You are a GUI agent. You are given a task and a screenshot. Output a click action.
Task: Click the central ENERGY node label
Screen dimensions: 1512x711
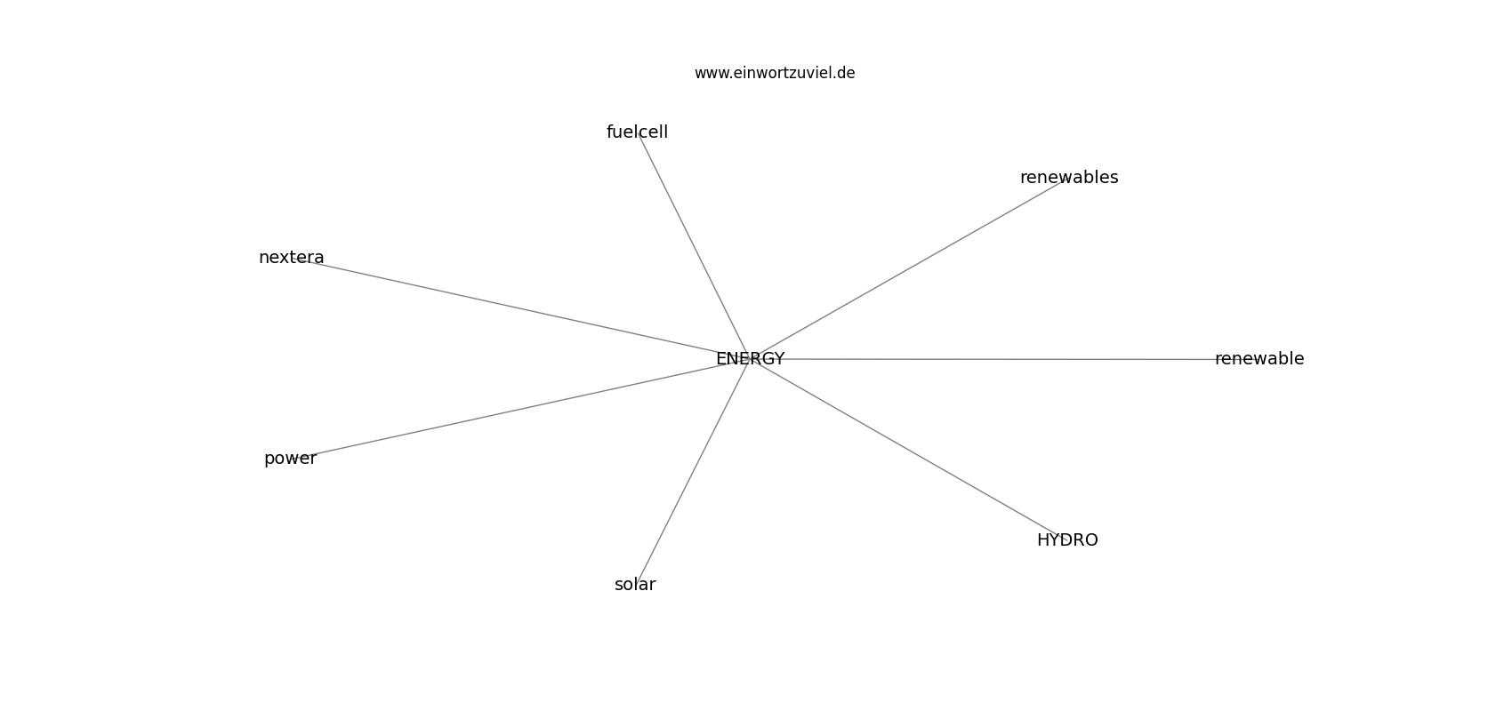coord(750,359)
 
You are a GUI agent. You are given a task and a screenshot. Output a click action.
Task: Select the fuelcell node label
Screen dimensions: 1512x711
coord(637,132)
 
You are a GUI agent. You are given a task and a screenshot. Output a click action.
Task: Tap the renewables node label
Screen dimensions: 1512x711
coord(1069,178)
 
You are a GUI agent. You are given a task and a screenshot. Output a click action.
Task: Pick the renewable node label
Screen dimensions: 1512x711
coord(1259,359)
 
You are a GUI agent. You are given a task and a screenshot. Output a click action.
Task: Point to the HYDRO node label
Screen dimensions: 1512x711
coord(1067,540)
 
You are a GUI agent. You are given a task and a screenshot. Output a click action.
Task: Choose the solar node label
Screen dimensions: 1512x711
coord(635,585)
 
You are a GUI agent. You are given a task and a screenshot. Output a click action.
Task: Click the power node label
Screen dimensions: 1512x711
coord(290,459)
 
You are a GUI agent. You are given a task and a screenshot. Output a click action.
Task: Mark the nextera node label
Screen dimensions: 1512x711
coord(292,258)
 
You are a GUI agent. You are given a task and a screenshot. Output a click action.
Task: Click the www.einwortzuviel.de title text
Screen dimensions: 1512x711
coord(775,73)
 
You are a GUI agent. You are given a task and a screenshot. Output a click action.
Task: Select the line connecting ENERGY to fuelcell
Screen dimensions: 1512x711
coord(693,245)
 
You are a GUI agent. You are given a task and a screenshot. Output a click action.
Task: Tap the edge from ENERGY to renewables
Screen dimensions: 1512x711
coord(910,268)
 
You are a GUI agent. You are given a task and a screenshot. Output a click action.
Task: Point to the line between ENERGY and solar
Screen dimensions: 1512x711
coord(693,472)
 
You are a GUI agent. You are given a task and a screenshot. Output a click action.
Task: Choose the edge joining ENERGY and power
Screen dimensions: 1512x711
coord(519,409)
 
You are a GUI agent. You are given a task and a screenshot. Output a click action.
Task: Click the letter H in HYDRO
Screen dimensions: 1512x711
coord(1043,540)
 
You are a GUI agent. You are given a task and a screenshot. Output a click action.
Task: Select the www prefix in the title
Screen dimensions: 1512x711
coord(711,74)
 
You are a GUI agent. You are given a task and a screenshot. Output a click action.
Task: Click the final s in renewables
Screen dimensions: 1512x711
coord(1114,179)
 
